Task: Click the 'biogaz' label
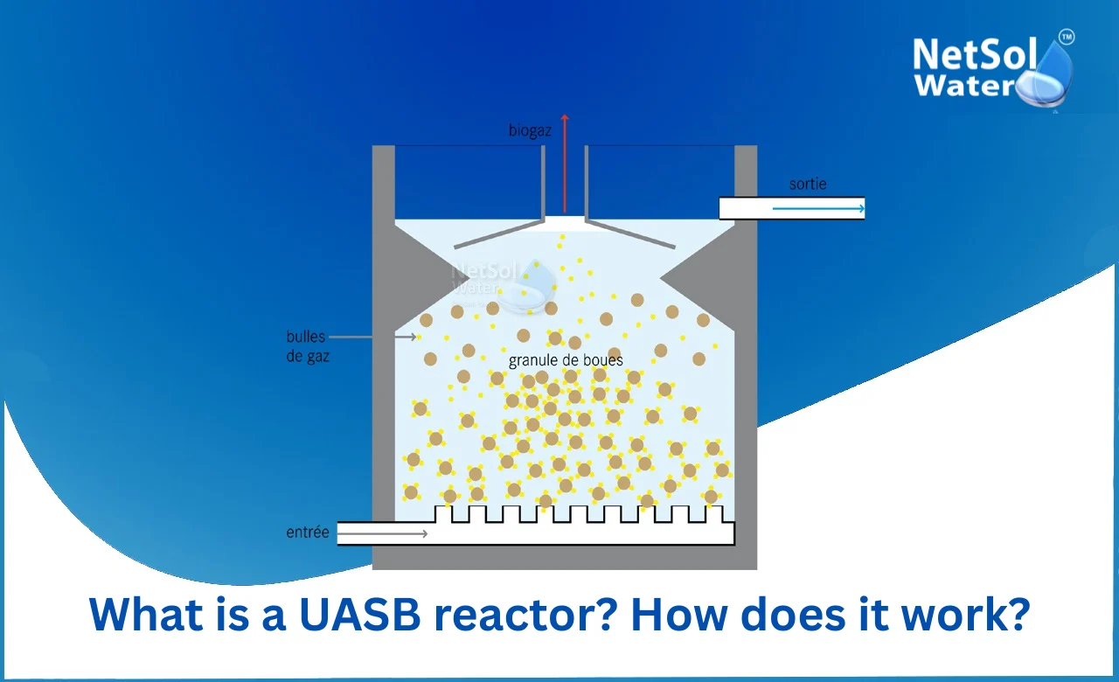[x=529, y=131]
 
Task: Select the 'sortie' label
[x=807, y=184]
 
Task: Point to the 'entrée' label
[x=308, y=532]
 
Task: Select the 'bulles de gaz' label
[x=308, y=346]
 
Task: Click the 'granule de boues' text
[x=566, y=359]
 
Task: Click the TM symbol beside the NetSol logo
[x=1067, y=37]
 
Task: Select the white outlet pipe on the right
[x=791, y=208]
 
